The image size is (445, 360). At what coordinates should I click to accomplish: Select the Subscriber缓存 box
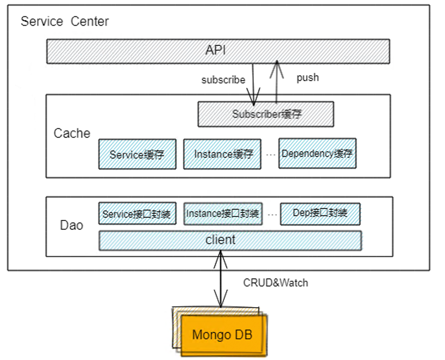(265, 115)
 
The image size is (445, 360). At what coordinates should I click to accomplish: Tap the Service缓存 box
(137, 154)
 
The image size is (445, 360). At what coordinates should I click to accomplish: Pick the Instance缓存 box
(223, 154)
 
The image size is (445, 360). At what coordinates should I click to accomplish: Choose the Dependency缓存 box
(317, 153)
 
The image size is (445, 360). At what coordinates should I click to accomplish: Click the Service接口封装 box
(137, 214)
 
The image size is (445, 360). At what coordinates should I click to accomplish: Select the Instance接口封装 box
(223, 213)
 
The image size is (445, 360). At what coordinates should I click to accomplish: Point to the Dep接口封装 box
(320, 213)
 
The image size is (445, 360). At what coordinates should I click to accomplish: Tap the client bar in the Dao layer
(230, 240)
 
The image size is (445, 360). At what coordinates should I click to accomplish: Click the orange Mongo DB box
(222, 334)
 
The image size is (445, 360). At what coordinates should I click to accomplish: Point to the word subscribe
(223, 80)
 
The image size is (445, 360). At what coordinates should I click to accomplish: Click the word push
(307, 77)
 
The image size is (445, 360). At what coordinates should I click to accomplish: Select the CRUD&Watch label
(275, 283)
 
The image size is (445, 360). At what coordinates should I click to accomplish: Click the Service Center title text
(64, 22)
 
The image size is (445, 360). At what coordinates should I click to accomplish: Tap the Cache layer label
(72, 133)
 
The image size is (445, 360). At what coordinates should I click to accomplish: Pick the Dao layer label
(72, 225)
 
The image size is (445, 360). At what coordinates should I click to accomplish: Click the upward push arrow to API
(277, 82)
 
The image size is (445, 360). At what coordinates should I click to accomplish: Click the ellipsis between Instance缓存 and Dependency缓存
(270, 154)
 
